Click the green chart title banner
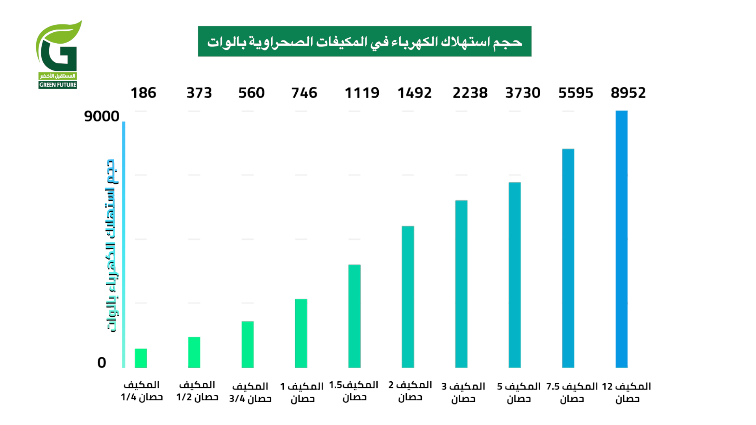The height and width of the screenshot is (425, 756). point(364,41)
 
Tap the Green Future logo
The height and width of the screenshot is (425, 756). point(58,55)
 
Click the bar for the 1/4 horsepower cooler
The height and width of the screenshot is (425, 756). point(141,358)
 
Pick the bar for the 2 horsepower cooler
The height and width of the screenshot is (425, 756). point(408,297)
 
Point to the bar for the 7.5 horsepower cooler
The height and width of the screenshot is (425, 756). point(568,258)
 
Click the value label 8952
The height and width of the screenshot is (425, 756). point(628,93)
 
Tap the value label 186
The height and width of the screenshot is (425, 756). point(143,93)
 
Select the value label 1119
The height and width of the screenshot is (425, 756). point(362,93)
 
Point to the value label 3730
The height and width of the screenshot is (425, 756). point(523,93)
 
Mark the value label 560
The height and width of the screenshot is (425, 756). point(251,93)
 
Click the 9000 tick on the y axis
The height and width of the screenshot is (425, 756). point(102,116)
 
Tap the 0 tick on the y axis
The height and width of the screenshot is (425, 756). point(102,362)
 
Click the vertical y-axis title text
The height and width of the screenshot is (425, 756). point(111,246)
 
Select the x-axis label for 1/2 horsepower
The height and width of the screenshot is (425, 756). point(197,391)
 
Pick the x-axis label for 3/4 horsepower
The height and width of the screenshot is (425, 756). point(250,392)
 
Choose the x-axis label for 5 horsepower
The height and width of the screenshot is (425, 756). point(519,392)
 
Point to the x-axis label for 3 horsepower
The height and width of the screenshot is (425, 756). point(463,392)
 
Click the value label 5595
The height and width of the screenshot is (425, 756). point(575,93)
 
